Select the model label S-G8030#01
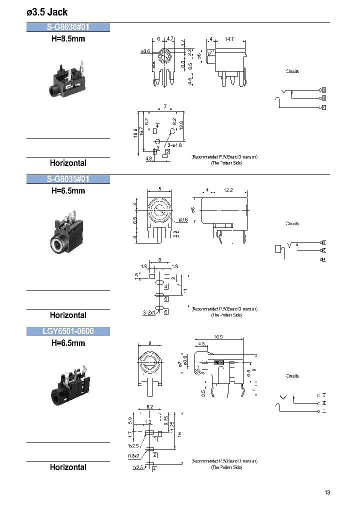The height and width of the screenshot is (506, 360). pyautogui.click(x=68, y=27)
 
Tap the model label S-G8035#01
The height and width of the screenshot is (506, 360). pyautogui.click(x=68, y=179)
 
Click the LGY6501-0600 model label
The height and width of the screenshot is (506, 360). pyautogui.click(x=68, y=331)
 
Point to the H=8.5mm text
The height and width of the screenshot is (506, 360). pyautogui.click(x=68, y=38)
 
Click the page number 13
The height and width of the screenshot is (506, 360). pyautogui.click(x=327, y=492)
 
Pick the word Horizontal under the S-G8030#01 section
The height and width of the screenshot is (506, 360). pyautogui.click(x=68, y=163)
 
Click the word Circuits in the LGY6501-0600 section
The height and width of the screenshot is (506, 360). pyautogui.click(x=292, y=375)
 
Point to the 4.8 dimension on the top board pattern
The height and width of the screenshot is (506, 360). pyautogui.click(x=148, y=159)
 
